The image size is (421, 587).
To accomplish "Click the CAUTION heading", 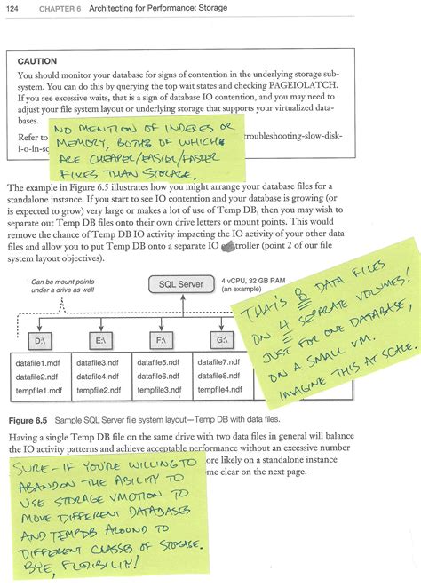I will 37,61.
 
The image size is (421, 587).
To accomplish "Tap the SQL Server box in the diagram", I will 181,284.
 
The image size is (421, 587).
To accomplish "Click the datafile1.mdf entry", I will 39,363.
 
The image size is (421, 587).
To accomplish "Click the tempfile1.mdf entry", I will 39,390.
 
